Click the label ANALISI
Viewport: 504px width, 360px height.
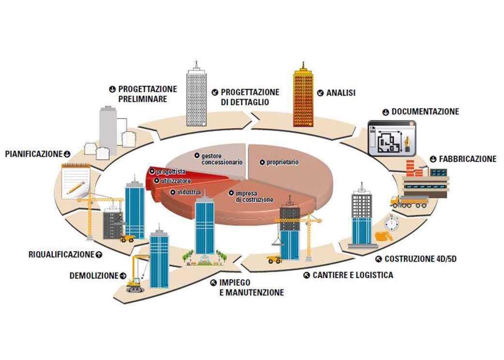(341, 92)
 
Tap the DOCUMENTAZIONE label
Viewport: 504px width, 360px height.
(425, 112)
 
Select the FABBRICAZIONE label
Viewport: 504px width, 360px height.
(467, 159)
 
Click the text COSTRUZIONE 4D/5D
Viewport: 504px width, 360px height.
(420, 259)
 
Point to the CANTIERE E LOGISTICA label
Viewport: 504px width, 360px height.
(353, 275)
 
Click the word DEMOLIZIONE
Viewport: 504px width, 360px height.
(94, 276)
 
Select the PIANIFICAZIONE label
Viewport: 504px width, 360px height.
(34, 154)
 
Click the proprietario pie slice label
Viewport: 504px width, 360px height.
(282, 162)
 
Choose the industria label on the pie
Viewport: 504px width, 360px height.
(189, 192)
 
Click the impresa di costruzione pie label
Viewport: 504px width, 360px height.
(254, 196)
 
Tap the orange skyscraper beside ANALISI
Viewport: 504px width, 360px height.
(303, 96)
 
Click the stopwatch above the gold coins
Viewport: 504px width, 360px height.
(390, 223)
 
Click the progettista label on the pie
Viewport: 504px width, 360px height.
(171, 171)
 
